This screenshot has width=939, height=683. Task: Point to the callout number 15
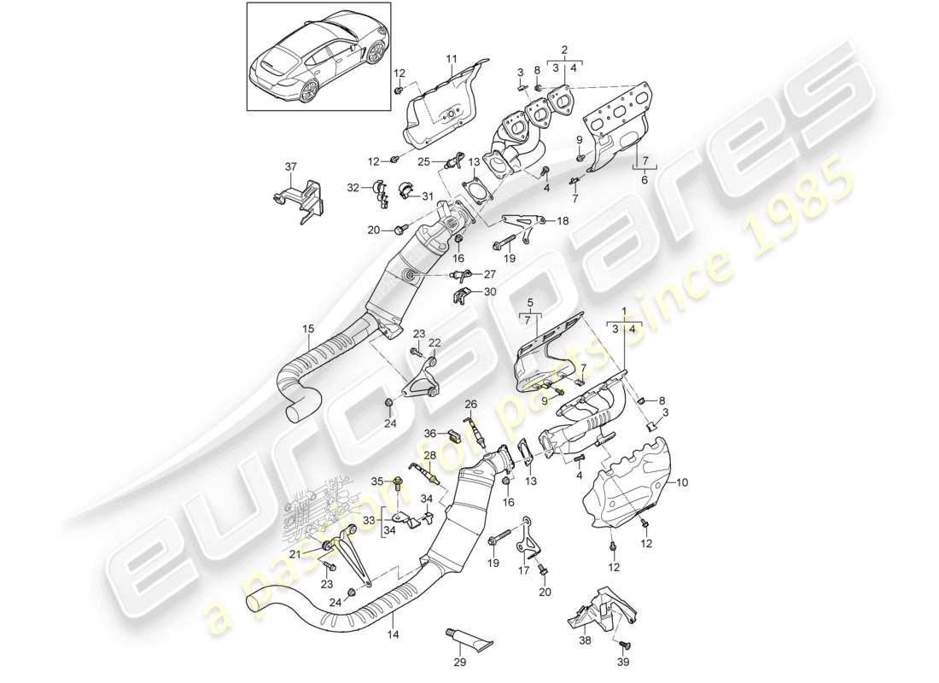[307, 328]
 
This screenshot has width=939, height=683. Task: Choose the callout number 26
[469, 404]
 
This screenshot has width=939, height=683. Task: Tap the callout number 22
[435, 342]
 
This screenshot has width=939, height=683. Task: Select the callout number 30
[490, 292]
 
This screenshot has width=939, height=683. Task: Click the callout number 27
[490, 275]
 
